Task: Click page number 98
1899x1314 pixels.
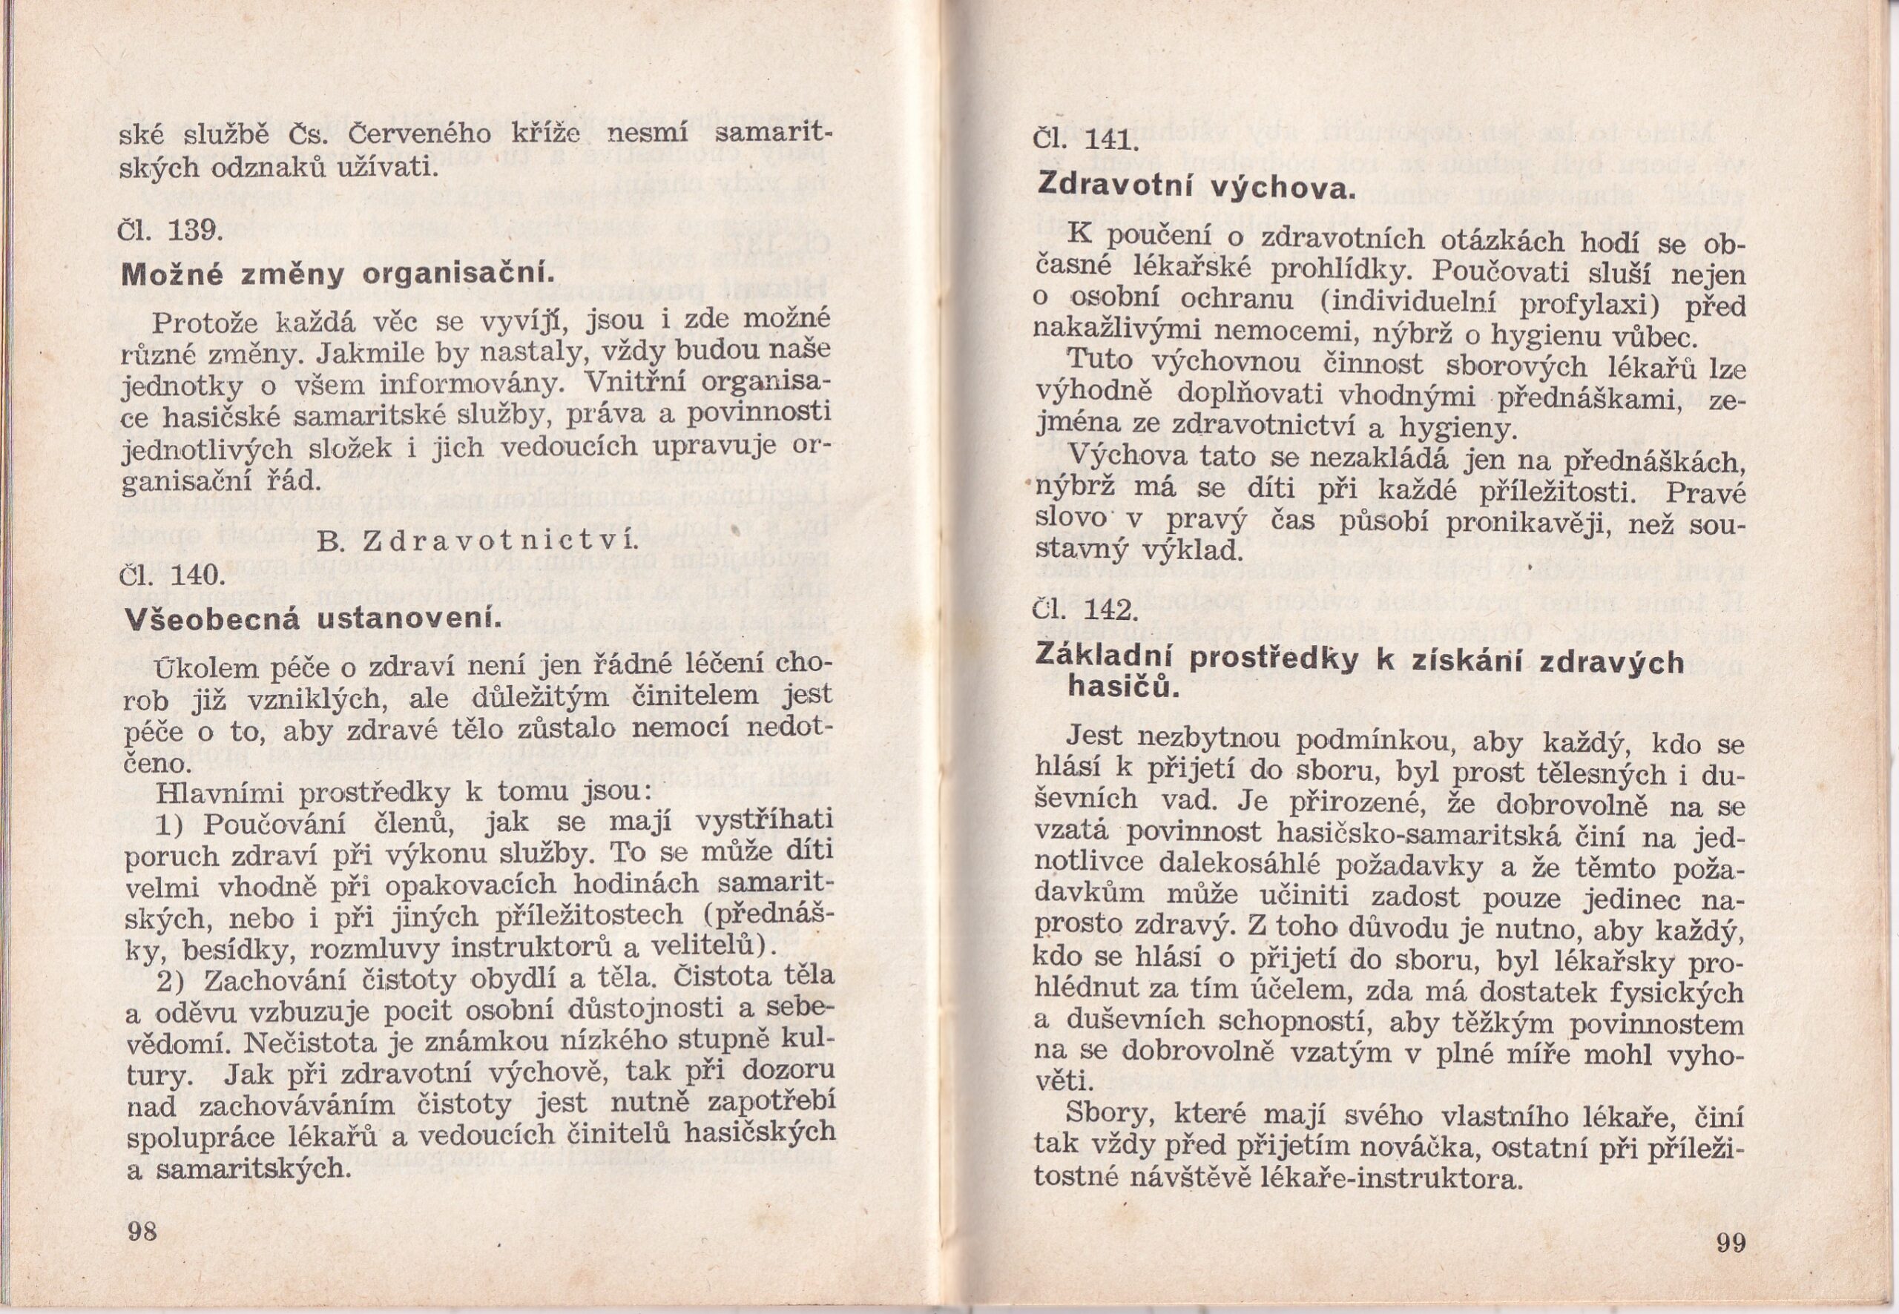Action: pos(142,1232)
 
